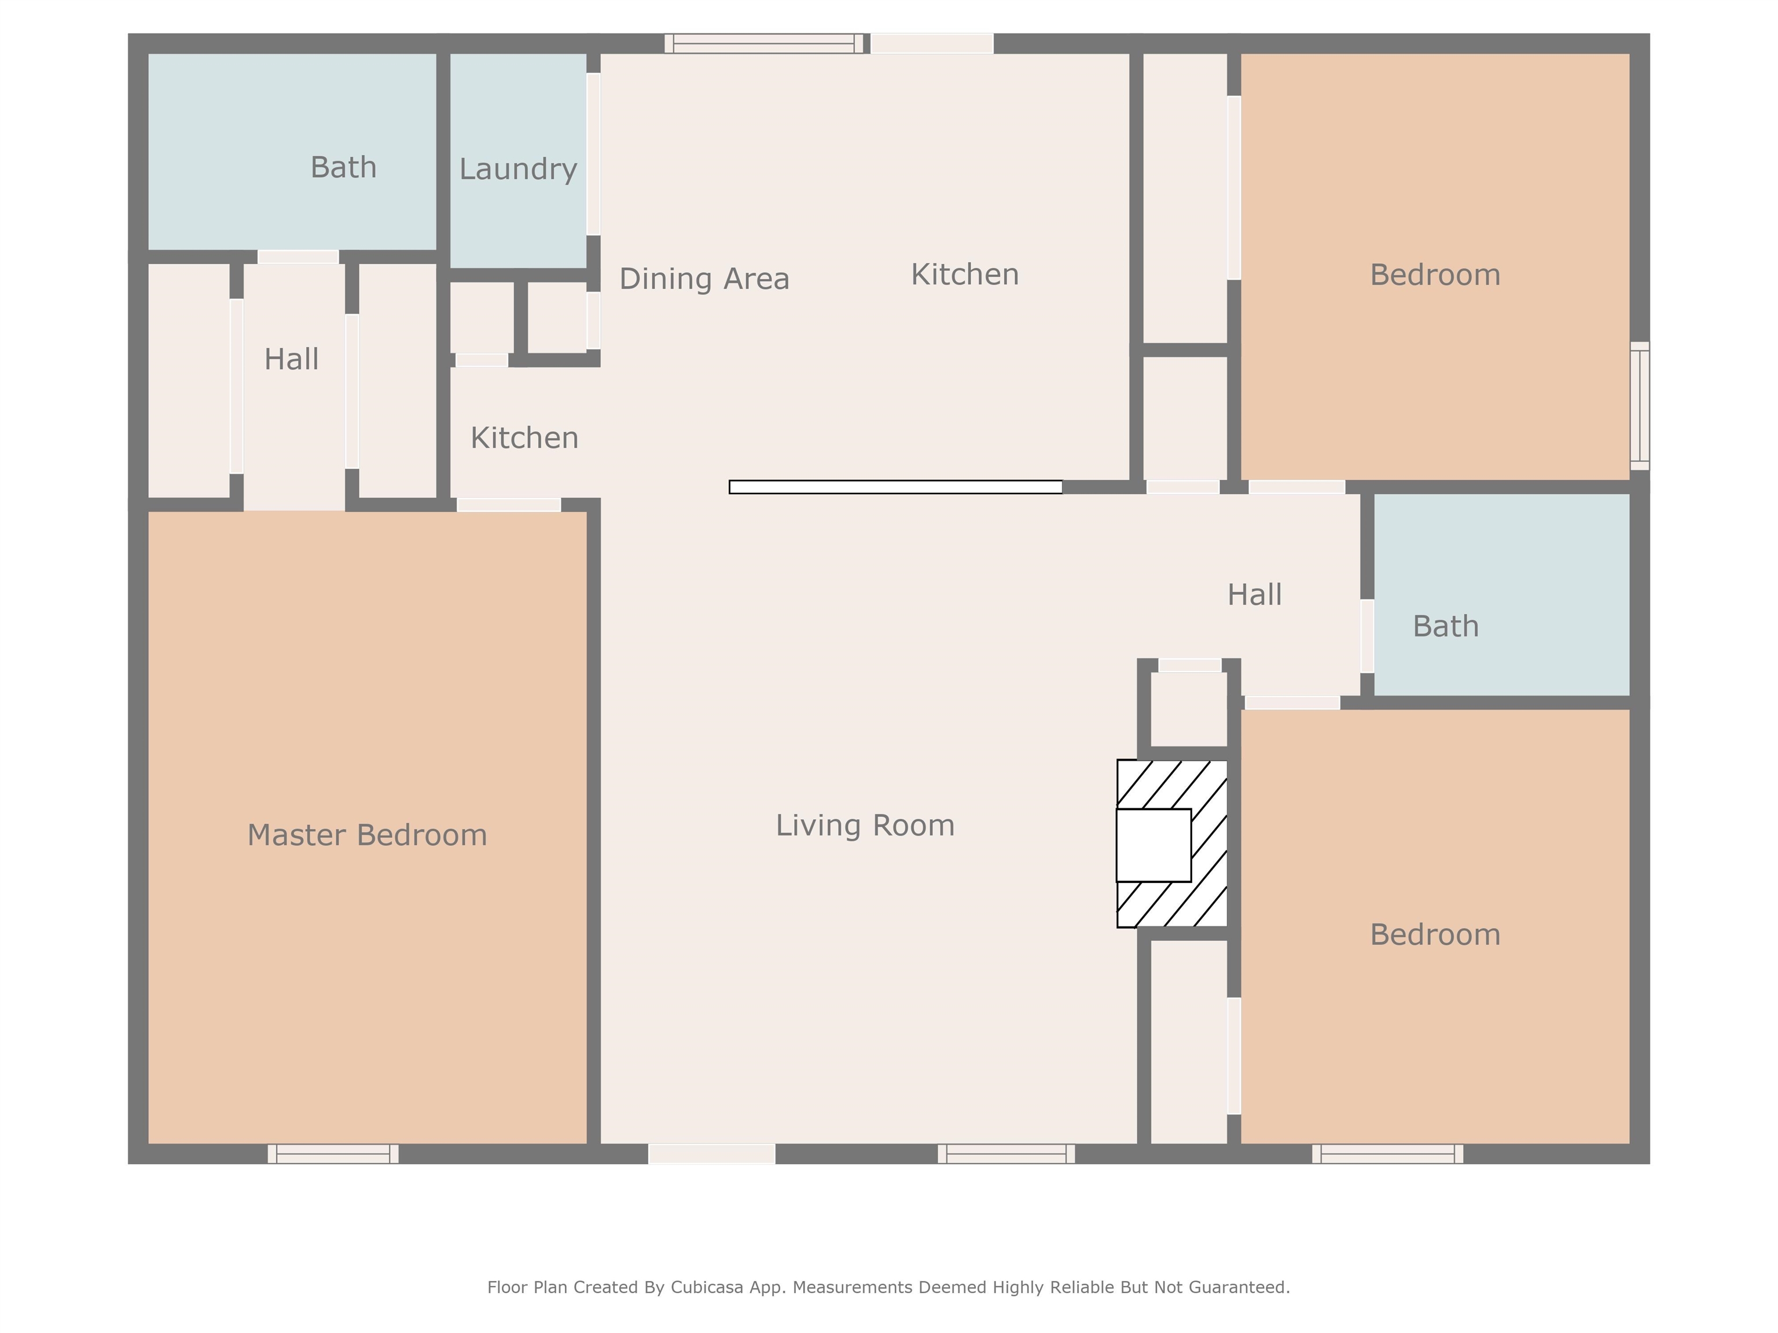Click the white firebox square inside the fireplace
click(x=1154, y=845)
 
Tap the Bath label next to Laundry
click(x=343, y=167)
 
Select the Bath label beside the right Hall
click(x=1445, y=626)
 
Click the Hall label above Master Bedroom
click(x=291, y=359)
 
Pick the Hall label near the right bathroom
click(x=1254, y=595)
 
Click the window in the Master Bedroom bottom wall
click(x=333, y=1154)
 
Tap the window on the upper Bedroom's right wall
click(x=1639, y=406)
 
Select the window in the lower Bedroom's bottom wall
click(x=1387, y=1154)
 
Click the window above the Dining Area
click(x=763, y=43)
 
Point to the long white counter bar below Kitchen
click(x=895, y=487)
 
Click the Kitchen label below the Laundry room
click(x=524, y=438)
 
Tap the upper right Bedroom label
click(x=1435, y=275)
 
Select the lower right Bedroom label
click(x=1435, y=934)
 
